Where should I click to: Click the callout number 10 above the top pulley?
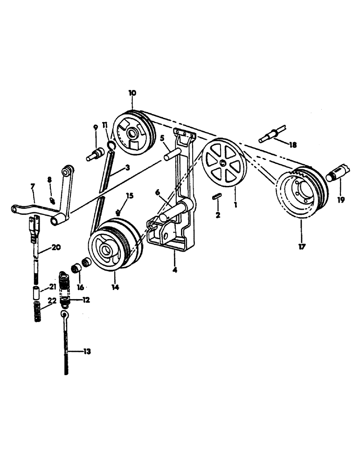(132, 93)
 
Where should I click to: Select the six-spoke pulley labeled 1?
(224, 163)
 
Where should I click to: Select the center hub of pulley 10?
(135, 134)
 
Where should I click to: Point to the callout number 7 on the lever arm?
(33, 187)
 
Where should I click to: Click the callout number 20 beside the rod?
(56, 248)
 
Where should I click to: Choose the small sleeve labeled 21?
(36, 294)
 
